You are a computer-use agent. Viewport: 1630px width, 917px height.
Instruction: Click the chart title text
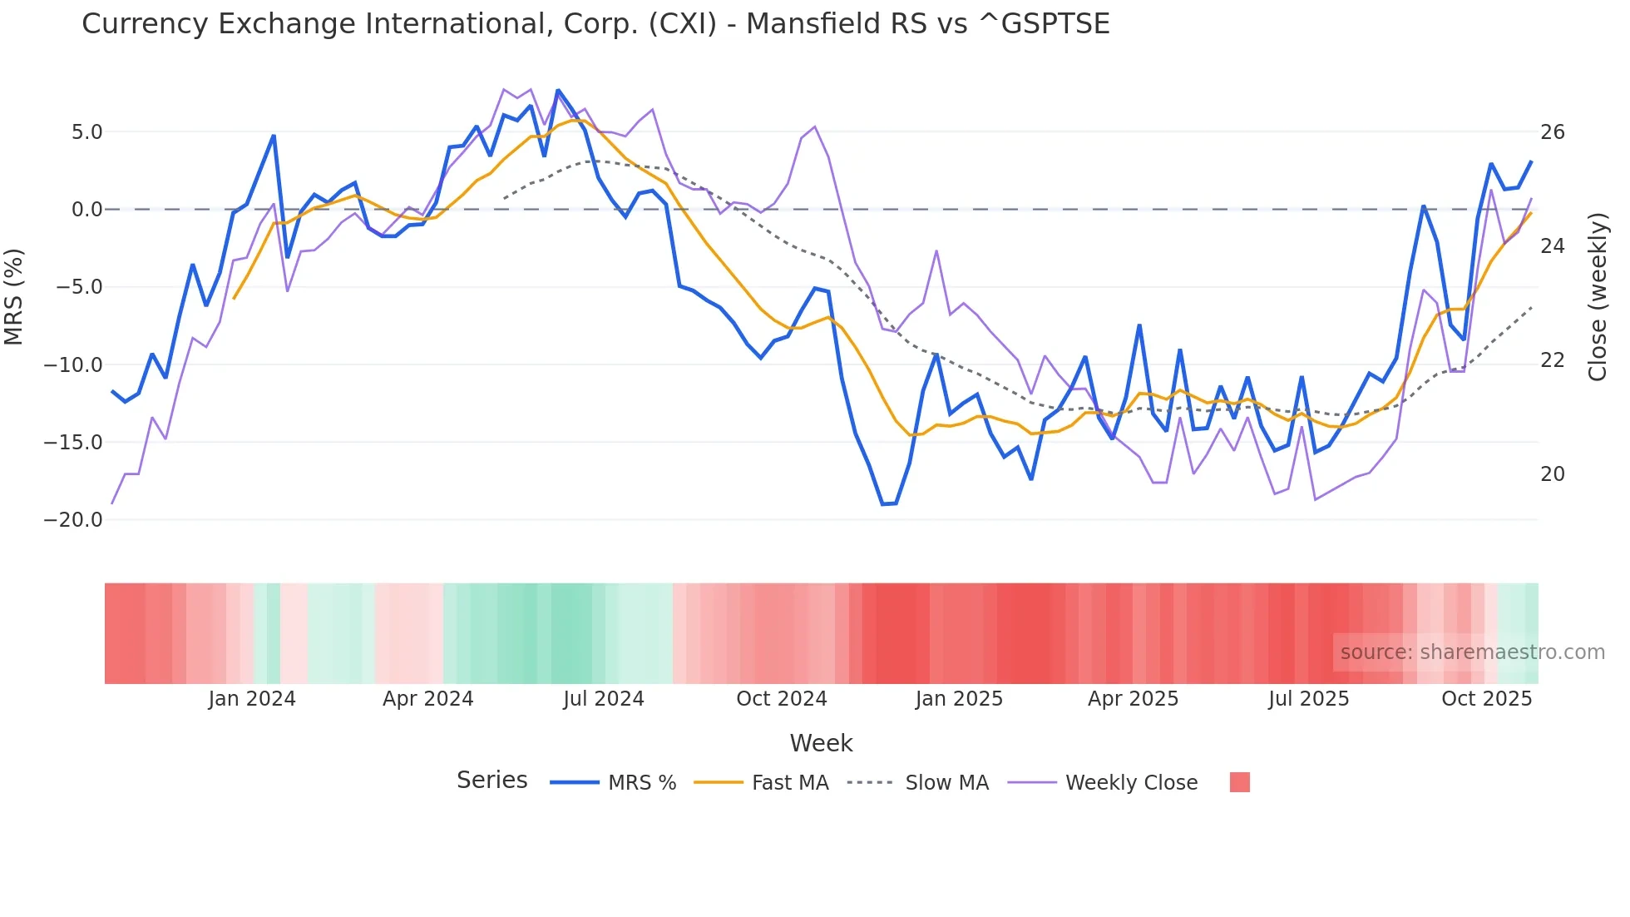(x=595, y=24)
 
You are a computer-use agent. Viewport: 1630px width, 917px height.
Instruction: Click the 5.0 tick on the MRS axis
(x=86, y=132)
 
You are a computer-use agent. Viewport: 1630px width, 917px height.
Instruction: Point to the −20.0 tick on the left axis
(x=73, y=520)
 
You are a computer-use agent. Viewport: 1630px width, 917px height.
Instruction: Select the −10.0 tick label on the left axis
(x=73, y=365)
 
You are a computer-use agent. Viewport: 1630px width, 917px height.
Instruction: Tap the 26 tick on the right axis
(x=1552, y=132)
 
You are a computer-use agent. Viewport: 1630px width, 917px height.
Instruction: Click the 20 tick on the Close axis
(x=1552, y=474)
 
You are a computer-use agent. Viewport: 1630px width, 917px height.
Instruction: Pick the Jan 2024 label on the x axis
(x=252, y=699)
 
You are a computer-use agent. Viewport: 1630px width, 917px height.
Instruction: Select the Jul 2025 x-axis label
(x=1308, y=699)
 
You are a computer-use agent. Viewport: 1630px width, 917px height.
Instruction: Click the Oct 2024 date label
(x=781, y=699)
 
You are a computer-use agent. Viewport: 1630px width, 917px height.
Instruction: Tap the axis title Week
(x=821, y=743)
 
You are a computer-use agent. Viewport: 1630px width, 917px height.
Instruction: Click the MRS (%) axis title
(x=14, y=296)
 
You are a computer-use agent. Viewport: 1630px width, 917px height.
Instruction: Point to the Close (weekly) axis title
(x=1597, y=296)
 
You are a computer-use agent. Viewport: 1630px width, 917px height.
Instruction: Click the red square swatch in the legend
(x=1239, y=782)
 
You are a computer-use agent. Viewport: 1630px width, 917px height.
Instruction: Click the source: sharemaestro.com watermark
(x=1472, y=652)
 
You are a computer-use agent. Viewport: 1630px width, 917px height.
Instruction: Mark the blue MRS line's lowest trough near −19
(x=883, y=504)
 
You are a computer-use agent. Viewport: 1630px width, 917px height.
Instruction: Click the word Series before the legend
(x=491, y=781)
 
